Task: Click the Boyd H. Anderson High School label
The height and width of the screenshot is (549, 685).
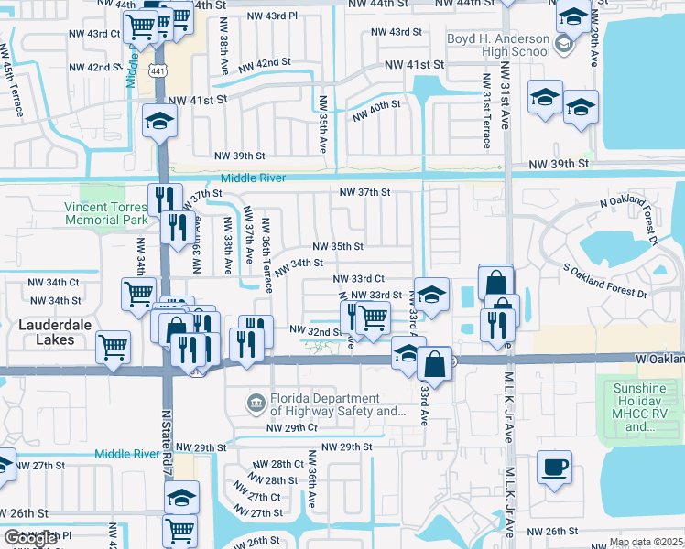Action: tap(498, 46)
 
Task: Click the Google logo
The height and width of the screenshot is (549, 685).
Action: tap(30, 538)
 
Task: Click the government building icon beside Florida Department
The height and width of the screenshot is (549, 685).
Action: tap(256, 402)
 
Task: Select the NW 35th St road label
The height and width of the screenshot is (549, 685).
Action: tap(338, 246)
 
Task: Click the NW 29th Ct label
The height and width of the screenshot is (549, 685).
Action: tap(291, 427)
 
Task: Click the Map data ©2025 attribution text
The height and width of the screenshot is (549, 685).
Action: tap(646, 542)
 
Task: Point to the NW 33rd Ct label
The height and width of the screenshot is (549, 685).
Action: tap(358, 278)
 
